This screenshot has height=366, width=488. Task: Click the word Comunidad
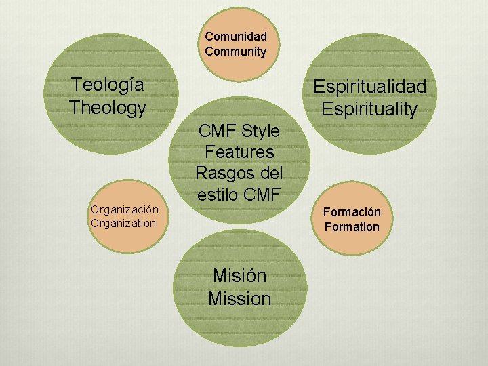coord(236,36)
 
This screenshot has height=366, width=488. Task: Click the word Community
coord(236,51)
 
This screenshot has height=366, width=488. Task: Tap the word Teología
coord(108,85)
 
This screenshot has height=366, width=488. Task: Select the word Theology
coord(108,107)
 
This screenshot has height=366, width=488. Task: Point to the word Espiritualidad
coord(369,87)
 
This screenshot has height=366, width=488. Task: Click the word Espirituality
coord(369,109)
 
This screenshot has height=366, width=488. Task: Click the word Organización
coord(125,209)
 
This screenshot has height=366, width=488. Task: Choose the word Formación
coord(352,212)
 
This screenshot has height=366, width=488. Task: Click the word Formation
coord(352,226)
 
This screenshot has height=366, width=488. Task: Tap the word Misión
coord(239,275)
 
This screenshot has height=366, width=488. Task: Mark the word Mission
coord(239,298)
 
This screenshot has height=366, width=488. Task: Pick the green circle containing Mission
coord(239,319)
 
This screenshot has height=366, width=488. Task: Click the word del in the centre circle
coord(270,173)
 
